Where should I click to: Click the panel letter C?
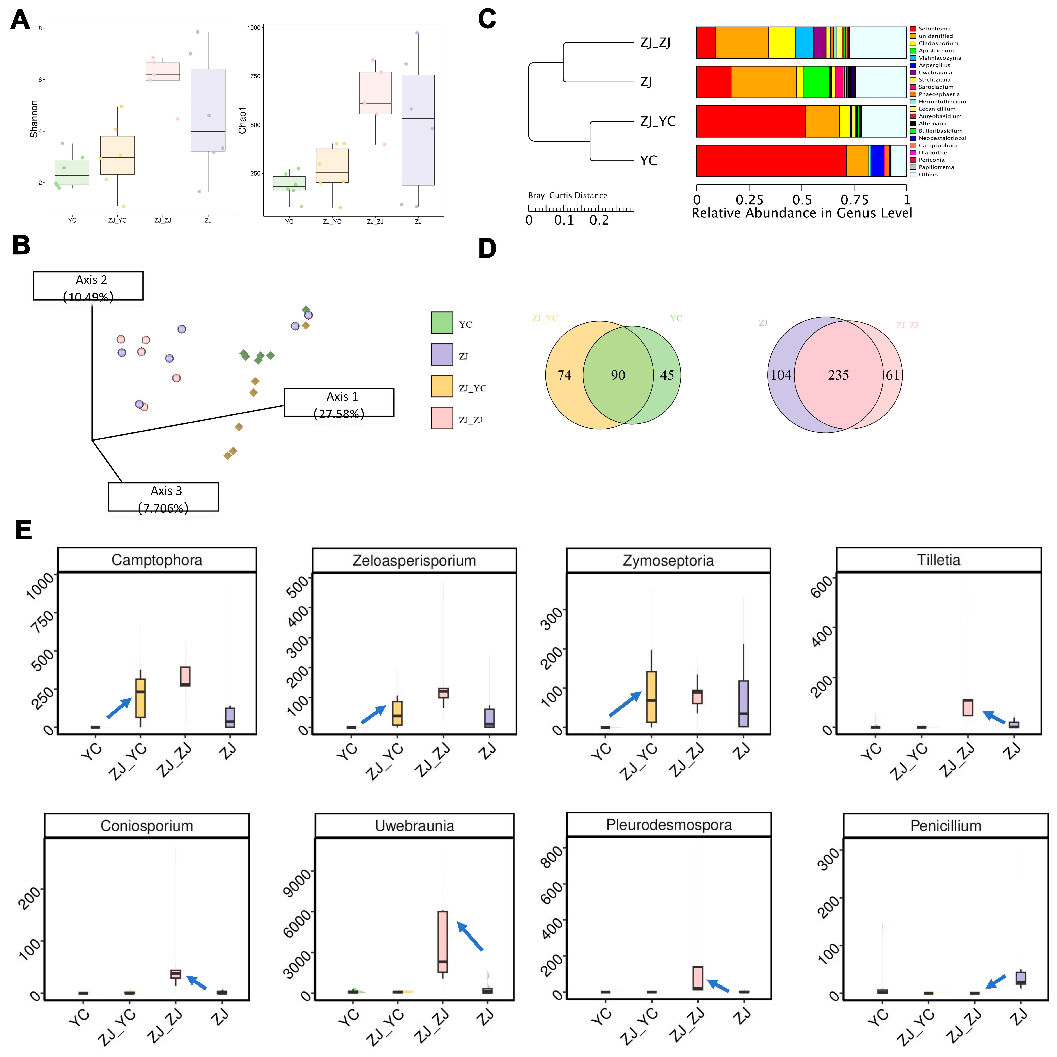487,19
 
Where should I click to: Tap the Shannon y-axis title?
34,119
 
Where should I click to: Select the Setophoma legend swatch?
912,28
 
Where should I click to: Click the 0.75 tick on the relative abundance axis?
854,200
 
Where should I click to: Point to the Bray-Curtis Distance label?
567,195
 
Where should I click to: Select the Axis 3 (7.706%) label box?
163,497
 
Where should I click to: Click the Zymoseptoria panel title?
668,560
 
